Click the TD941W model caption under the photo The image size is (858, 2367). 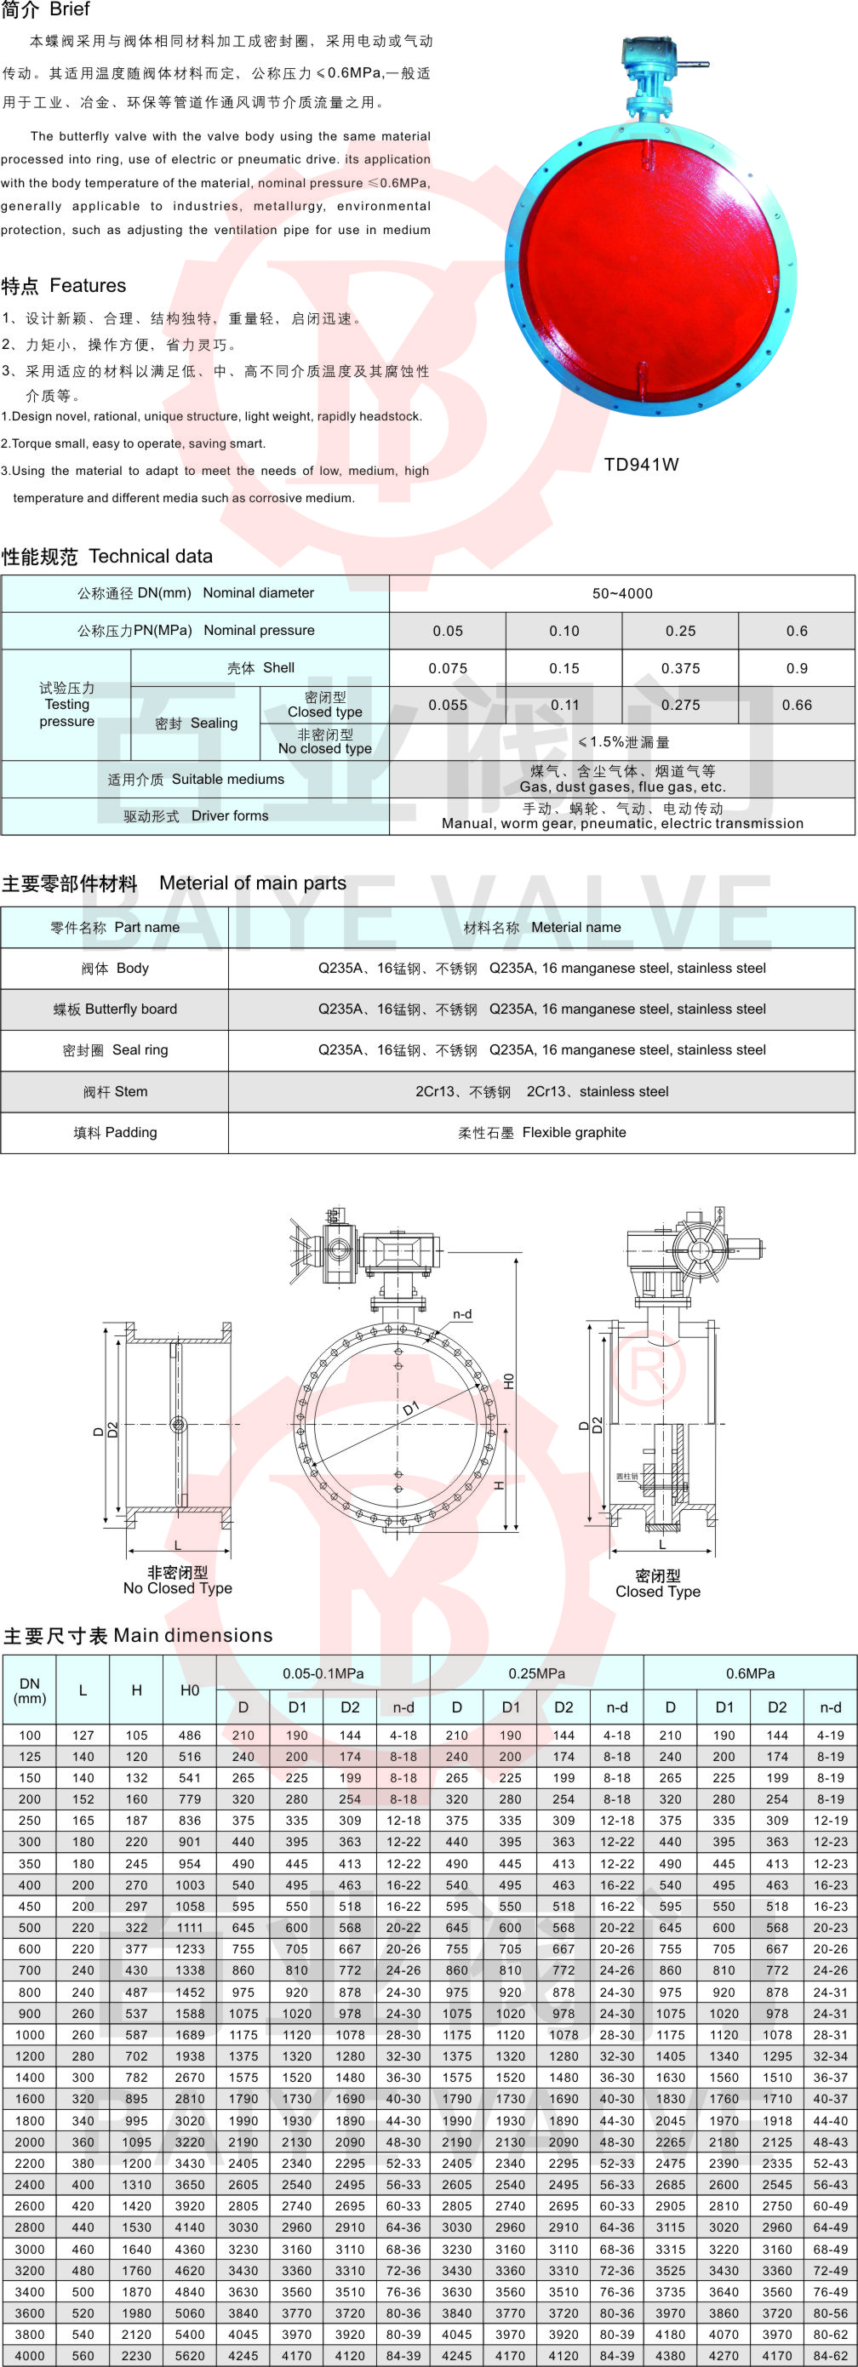click(641, 464)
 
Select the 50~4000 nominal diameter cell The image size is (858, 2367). click(622, 593)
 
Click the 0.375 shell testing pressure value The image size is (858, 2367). click(681, 668)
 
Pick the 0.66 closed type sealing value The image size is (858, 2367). click(797, 705)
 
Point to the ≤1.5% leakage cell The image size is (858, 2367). click(623, 741)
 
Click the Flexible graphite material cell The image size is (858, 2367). click(542, 1132)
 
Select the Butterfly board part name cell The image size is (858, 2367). click(115, 1009)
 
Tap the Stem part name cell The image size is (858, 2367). click(115, 1092)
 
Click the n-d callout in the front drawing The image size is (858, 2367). click(462, 1314)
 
